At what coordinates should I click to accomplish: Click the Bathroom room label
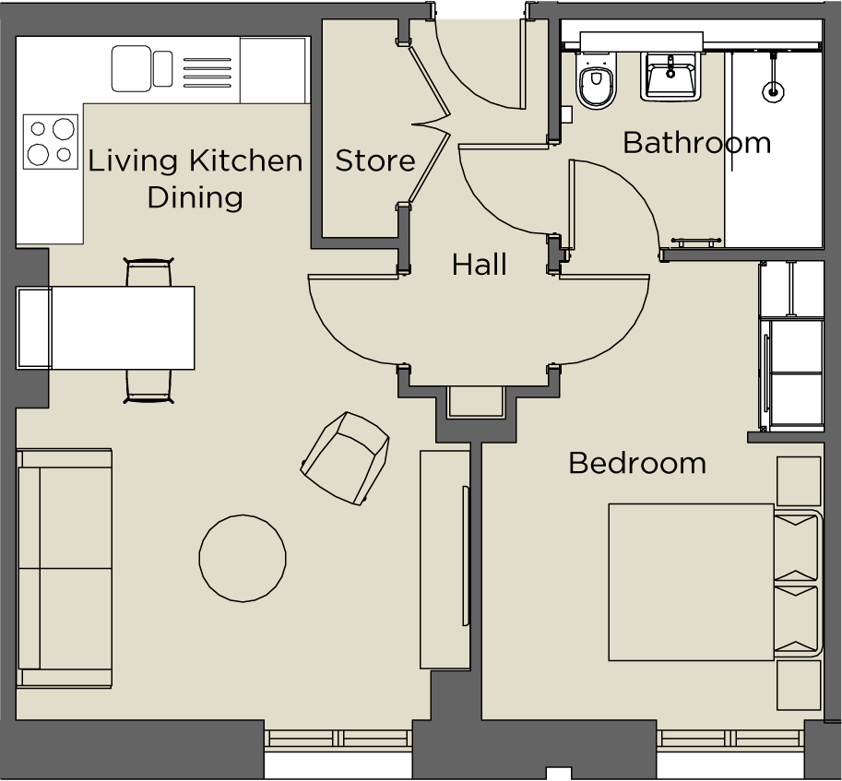tap(696, 143)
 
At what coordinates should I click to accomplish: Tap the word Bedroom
tap(636, 462)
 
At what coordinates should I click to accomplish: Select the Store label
tap(374, 160)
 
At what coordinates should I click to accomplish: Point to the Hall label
tap(479, 266)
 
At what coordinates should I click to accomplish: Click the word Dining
tap(196, 197)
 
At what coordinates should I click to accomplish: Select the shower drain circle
tap(773, 91)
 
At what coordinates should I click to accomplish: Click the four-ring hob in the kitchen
tap(50, 141)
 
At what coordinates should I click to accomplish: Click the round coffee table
tap(243, 558)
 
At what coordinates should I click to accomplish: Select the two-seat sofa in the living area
tap(65, 568)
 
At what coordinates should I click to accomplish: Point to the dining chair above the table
tap(148, 273)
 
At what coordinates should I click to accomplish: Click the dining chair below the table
tap(148, 385)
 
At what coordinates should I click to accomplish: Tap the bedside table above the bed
tap(798, 480)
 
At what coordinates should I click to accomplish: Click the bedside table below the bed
tap(798, 684)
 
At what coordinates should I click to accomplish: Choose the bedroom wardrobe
tap(791, 346)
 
